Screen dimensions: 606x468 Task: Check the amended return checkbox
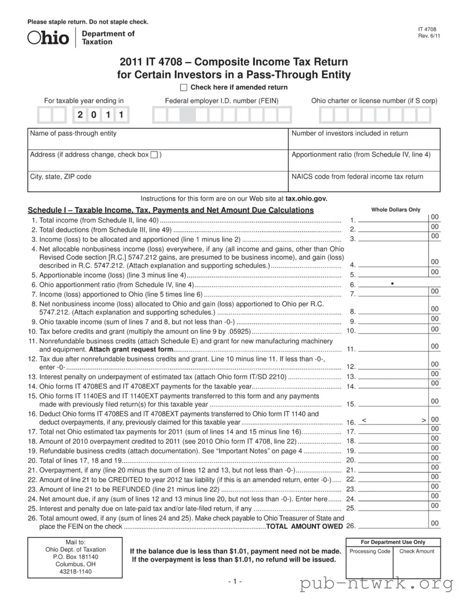click(x=184, y=88)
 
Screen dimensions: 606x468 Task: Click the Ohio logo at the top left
click(x=48, y=38)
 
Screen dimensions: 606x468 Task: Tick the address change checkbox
click(x=154, y=155)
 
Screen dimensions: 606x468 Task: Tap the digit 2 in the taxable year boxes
click(x=80, y=115)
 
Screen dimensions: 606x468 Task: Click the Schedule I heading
click(x=171, y=210)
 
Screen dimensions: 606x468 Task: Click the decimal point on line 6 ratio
click(x=392, y=284)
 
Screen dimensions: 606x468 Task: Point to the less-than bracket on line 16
click(x=364, y=420)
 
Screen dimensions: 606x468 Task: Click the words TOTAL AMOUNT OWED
click(x=304, y=526)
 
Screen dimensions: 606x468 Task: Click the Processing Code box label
click(x=370, y=552)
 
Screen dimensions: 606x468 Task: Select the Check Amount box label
click(x=416, y=552)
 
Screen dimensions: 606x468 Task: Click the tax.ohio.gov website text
click(x=306, y=198)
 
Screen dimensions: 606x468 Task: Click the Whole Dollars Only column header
click(x=395, y=210)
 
